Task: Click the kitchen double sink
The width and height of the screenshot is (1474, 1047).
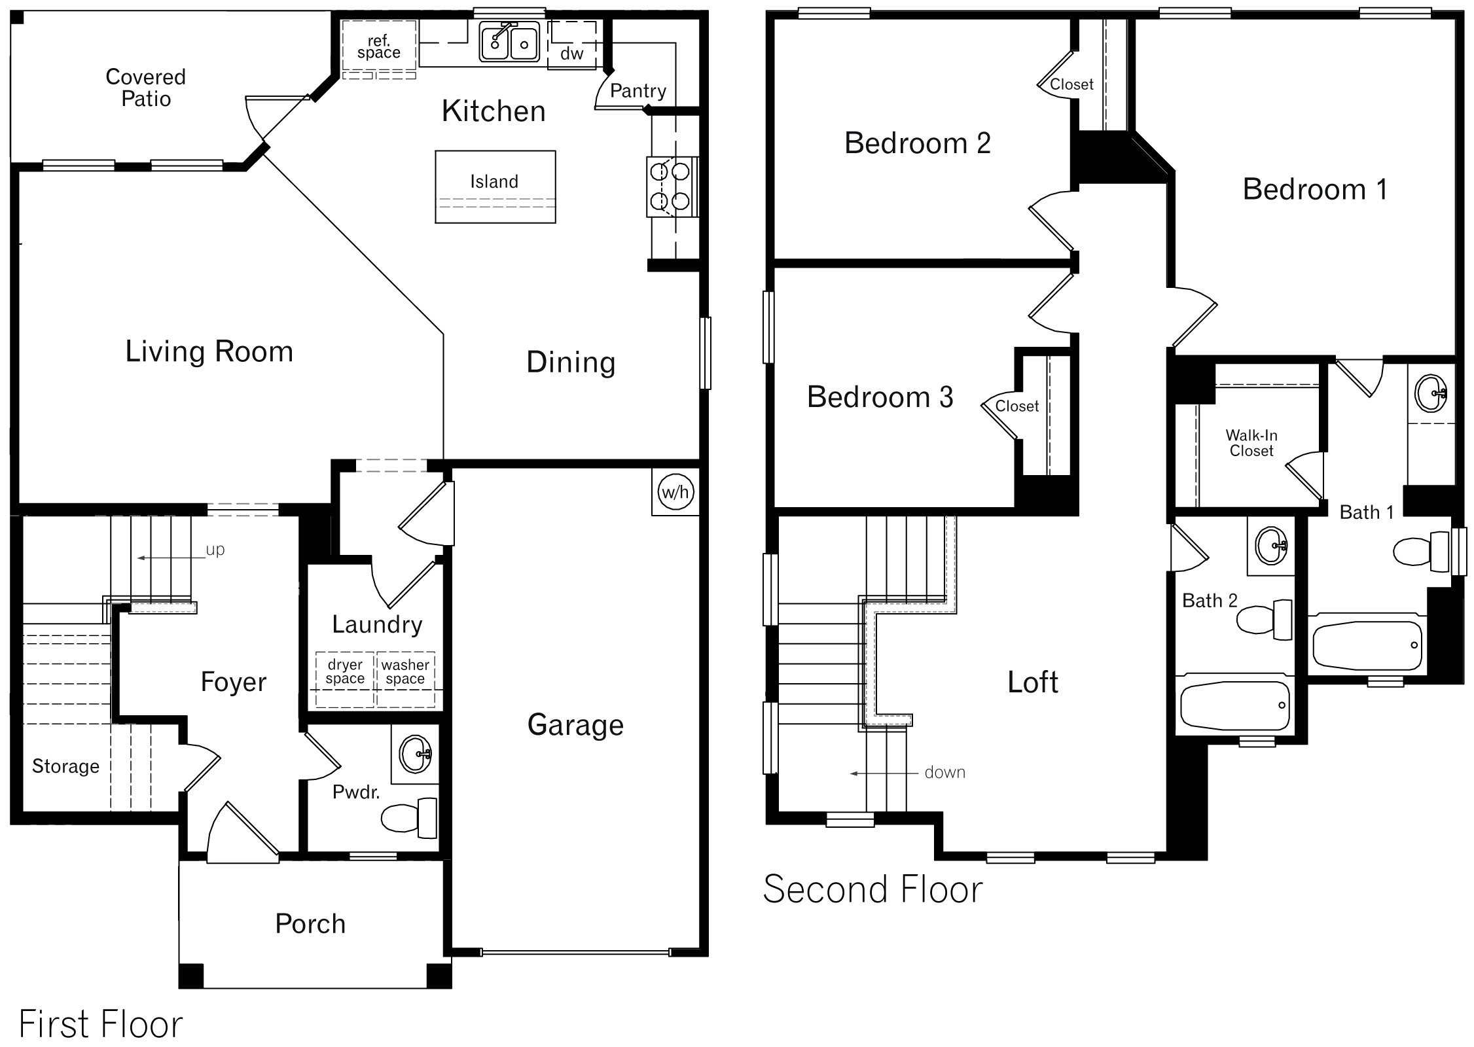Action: point(509,43)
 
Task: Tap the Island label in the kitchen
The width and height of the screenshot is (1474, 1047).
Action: point(494,181)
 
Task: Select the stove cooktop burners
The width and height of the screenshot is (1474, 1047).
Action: point(670,186)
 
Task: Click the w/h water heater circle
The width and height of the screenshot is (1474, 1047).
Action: point(675,491)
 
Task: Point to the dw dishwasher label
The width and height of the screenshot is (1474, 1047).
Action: point(571,54)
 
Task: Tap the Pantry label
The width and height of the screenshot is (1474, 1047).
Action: point(638,90)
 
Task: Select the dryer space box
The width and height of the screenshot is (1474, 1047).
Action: point(345,678)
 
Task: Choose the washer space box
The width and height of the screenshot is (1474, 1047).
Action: point(405,678)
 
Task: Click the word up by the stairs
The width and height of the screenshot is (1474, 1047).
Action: point(215,549)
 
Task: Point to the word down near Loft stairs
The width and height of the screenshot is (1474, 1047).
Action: point(944,772)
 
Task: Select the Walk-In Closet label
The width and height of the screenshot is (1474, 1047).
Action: point(1251,442)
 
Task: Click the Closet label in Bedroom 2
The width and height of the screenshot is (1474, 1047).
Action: point(1071,84)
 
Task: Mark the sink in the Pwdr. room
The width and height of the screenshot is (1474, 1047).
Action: point(415,754)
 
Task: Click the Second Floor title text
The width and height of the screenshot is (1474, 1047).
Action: point(872,889)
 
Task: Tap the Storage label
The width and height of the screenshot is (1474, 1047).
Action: point(65,766)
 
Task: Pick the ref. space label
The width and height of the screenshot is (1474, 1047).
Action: point(378,46)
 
